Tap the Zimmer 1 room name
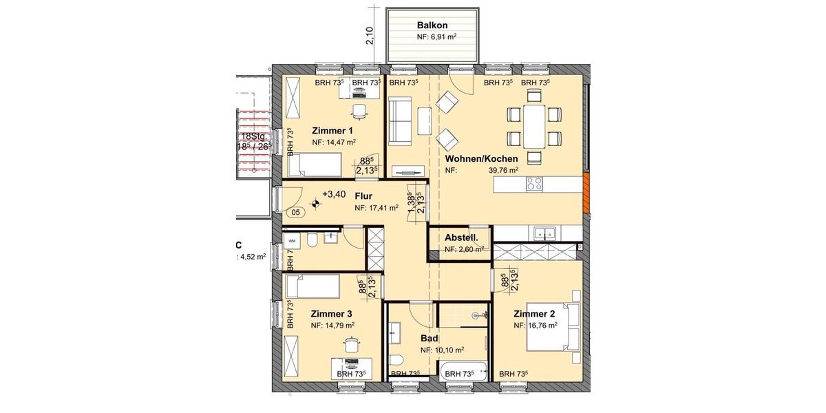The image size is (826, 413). (x=332, y=131)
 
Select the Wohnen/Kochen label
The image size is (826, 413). (x=482, y=158)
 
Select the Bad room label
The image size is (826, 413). (x=430, y=338)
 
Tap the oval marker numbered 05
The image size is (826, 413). (x=295, y=213)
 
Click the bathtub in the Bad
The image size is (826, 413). (x=463, y=370)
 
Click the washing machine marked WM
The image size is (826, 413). (x=293, y=241)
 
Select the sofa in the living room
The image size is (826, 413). (x=399, y=120)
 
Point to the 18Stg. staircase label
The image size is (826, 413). (x=253, y=137)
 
